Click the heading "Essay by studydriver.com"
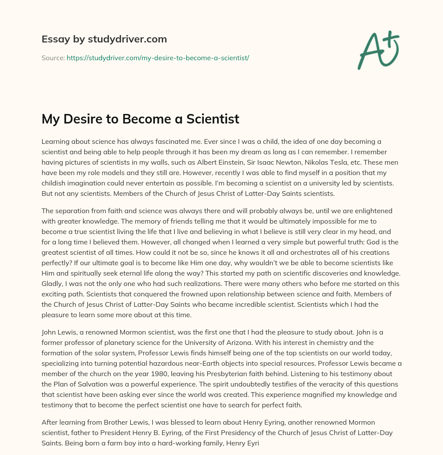(x=104, y=39)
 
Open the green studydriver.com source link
(x=158, y=58)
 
